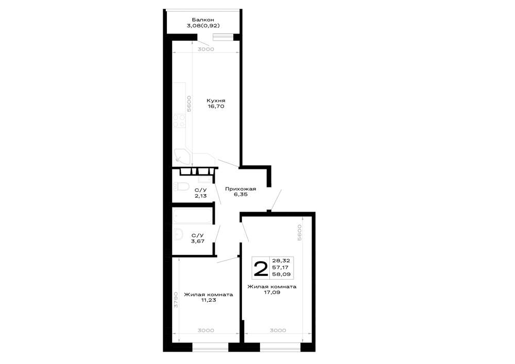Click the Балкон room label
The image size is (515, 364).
(x=203, y=20)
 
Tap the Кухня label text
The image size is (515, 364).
(x=216, y=101)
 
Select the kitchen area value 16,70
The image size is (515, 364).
(x=216, y=107)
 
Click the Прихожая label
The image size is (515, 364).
(x=241, y=189)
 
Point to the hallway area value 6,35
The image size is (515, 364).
(x=241, y=194)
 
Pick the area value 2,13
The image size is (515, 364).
(x=200, y=196)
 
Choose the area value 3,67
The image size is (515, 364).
(x=198, y=241)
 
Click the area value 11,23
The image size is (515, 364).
(x=208, y=300)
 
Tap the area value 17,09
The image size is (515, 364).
(x=271, y=292)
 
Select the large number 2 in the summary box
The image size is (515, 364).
(x=261, y=269)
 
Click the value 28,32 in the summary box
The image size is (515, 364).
(x=281, y=261)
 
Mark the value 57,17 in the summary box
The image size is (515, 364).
(x=280, y=267)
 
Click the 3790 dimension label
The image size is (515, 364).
(x=176, y=299)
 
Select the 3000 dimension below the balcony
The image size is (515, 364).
(x=206, y=49)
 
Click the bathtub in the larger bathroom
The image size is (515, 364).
(x=193, y=215)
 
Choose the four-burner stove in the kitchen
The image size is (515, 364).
(x=179, y=120)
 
